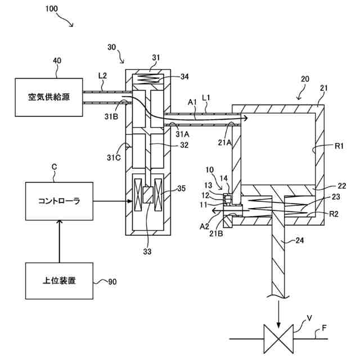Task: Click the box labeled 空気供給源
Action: [x=49, y=97]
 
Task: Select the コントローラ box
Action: [x=59, y=201]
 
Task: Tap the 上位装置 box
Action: [x=59, y=281]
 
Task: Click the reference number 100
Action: [x=52, y=9]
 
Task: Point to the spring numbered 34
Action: [x=148, y=79]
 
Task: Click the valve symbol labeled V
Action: [x=278, y=339]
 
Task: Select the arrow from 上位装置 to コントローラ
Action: [x=60, y=241]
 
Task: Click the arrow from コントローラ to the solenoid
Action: [x=112, y=201]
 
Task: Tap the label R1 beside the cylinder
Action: [x=339, y=146]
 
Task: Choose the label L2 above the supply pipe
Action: [x=102, y=76]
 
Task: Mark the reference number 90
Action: [x=112, y=282]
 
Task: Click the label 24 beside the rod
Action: [x=300, y=240]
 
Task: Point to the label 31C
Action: [x=114, y=157]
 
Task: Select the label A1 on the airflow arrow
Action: [x=192, y=102]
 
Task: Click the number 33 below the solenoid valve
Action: [x=147, y=251]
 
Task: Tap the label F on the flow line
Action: [x=324, y=328]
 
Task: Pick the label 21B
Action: [x=216, y=233]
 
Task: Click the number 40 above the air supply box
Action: [x=57, y=61]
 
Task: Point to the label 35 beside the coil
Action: [x=181, y=188]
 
